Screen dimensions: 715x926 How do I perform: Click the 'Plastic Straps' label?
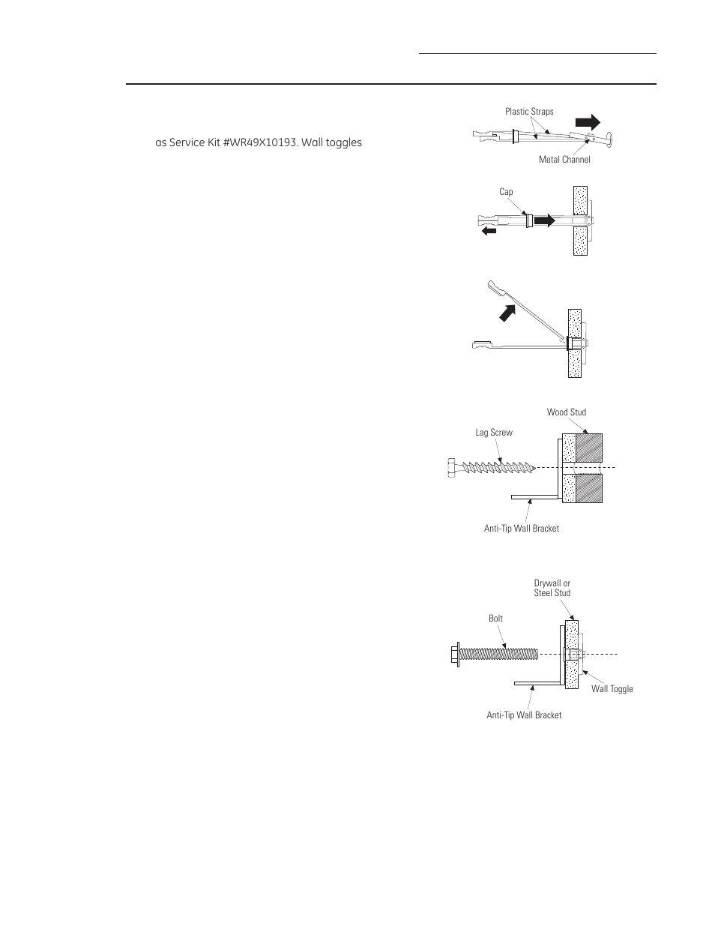529,112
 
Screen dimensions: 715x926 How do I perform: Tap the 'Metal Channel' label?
564,160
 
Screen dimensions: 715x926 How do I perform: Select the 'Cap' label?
506,193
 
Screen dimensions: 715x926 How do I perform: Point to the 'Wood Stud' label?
567,412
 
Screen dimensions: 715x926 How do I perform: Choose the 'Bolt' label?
495,619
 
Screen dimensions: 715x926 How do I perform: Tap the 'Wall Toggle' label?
612,689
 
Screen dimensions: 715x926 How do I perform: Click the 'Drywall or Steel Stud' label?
552,588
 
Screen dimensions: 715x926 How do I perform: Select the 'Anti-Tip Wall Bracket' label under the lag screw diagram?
522,529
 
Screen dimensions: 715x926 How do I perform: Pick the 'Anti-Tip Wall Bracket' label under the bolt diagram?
524,715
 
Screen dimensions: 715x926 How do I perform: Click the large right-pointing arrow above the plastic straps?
587,121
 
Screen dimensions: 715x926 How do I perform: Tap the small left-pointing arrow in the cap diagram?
489,232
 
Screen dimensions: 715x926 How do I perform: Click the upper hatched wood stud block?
588,448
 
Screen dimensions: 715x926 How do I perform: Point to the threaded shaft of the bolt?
499,654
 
